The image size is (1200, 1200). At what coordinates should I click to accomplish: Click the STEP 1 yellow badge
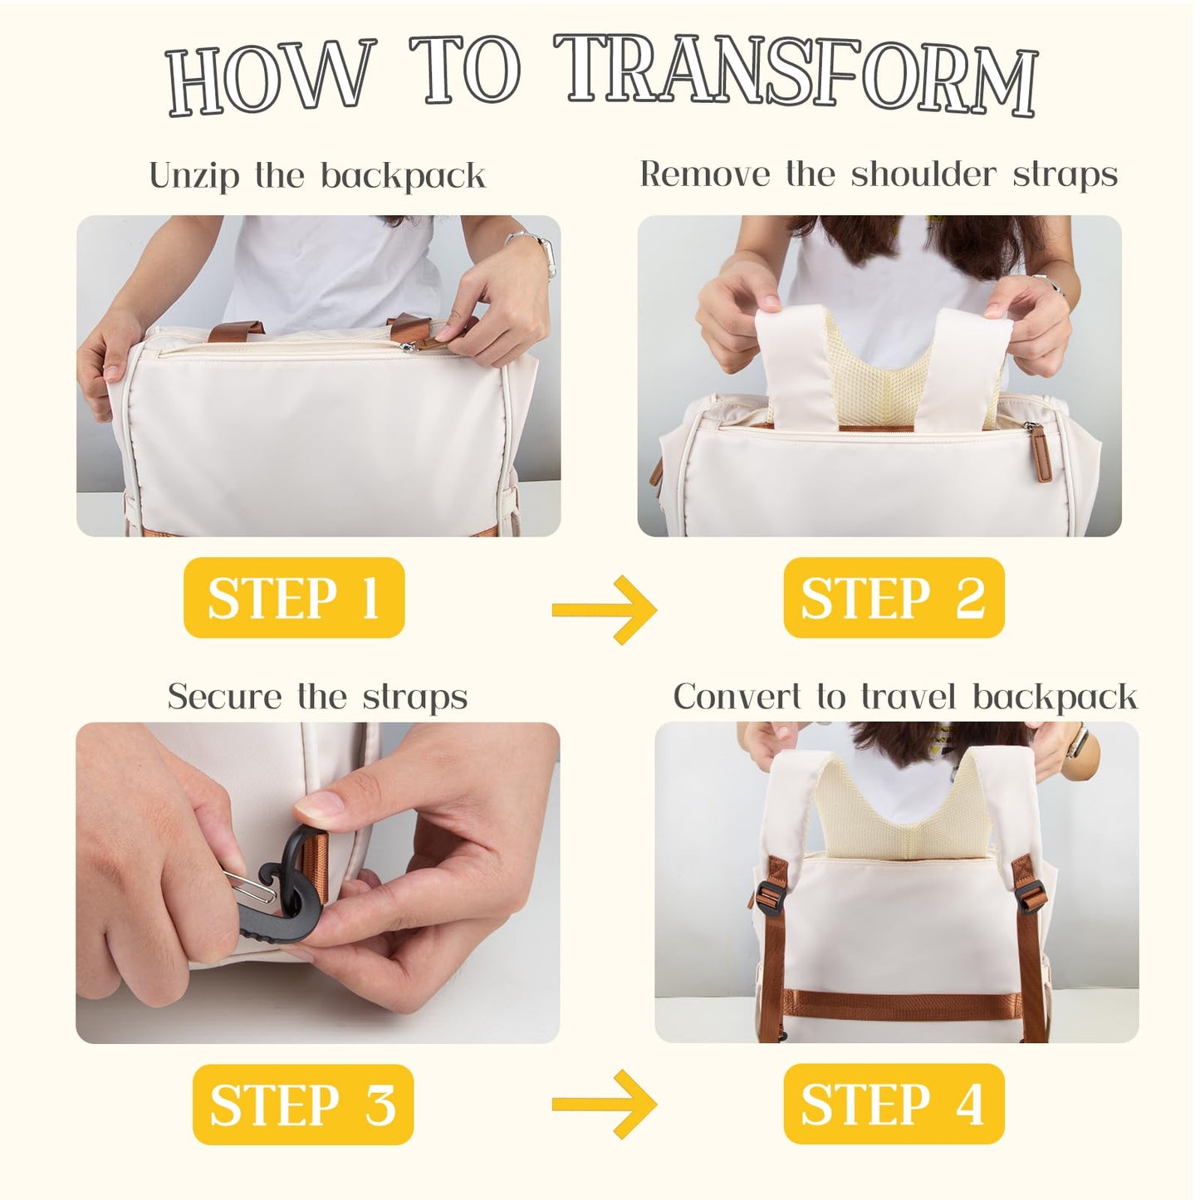[294, 597]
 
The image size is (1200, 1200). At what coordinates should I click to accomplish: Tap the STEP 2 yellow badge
[894, 597]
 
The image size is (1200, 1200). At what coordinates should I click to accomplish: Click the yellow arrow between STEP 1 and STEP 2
[604, 610]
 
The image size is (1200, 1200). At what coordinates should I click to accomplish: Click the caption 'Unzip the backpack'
[317, 175]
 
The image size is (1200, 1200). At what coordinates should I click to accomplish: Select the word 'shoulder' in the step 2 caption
[923, 174]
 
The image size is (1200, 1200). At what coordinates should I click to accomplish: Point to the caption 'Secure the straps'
[317, 697]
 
